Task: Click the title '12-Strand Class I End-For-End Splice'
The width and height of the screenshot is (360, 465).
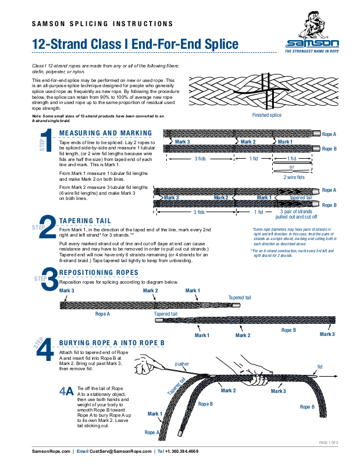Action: tap(135, 44)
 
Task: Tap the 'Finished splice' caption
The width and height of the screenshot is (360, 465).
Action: tap(266, 116)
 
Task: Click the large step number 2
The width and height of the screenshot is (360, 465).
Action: tap(49, 227)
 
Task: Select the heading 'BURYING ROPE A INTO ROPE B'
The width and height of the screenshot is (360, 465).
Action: tap(112, 342)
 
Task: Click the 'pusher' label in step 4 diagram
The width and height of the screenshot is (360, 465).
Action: tap(181, 364)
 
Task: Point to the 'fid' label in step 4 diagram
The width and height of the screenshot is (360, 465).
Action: tap(319, 367)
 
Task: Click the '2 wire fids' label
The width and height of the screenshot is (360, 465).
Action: tap(293, 177)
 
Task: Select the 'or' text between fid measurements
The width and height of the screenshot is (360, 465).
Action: tap(291, 167)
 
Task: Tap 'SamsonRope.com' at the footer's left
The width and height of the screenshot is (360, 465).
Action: tap(49, 452)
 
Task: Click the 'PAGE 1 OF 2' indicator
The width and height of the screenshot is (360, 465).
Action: tap(329, 443)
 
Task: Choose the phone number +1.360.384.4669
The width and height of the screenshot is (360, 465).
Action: tap(181, 452)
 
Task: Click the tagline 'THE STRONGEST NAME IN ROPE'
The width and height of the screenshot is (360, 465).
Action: tap(311, 51)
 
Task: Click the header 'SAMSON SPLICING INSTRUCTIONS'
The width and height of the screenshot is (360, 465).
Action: tap(102, 24)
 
